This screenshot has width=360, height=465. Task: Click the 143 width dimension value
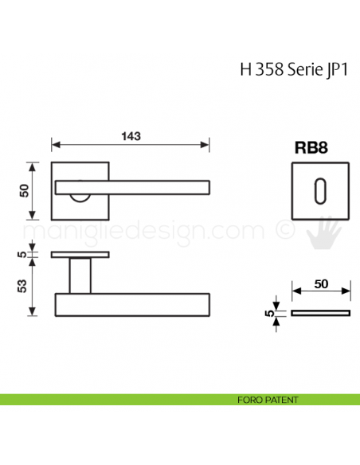tap(131, 136)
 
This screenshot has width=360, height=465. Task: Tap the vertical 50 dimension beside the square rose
tap(24, 190)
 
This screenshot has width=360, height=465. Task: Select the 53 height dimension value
tap(24, 287)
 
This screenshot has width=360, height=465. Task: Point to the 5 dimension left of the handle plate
tap(24, 256)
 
